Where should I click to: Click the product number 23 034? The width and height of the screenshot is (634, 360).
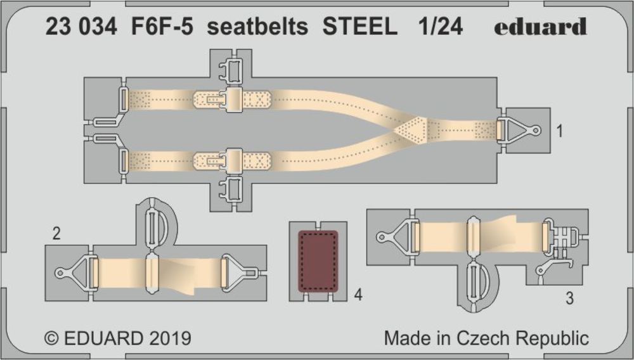(81, 27)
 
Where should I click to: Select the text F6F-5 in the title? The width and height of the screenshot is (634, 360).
(161, 27)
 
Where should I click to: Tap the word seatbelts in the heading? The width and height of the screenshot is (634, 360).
(257, 27)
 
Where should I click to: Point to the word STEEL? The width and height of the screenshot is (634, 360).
(359, 27)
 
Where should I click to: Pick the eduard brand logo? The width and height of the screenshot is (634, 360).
(540, 27)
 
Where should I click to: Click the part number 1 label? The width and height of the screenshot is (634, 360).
(559, 131)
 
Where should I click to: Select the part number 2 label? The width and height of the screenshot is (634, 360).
(56, 234)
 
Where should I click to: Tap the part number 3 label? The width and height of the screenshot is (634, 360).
(570, 299)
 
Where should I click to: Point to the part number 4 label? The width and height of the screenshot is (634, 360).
(358, 295)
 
